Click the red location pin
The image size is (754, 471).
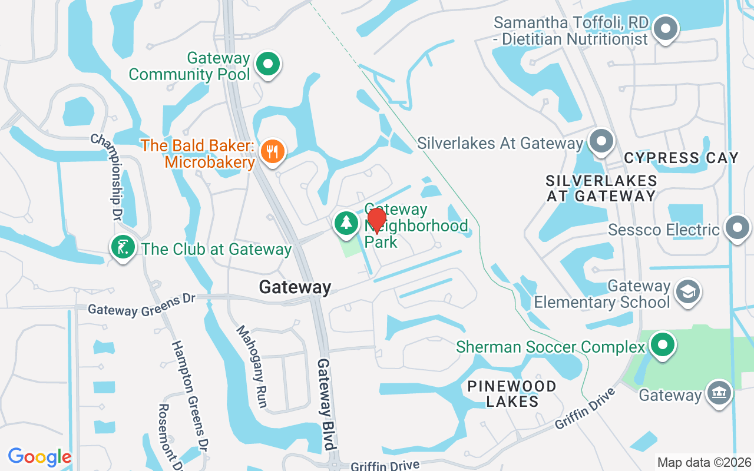(376, 221)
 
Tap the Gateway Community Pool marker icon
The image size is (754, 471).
(269, 64)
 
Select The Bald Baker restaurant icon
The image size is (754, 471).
(272, 151)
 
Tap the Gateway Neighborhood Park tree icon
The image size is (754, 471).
(346, 223)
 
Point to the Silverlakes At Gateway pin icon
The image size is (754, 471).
(601, 141)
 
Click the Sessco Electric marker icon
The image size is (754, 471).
(737, 228)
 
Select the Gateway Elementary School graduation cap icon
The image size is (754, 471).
(687, 292)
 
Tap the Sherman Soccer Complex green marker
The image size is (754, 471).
(663, 345)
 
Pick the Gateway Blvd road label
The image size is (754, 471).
(326, 404)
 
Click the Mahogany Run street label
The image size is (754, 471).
(253, 366)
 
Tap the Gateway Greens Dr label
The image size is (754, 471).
(141, 305)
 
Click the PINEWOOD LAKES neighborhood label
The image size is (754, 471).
(512, 394)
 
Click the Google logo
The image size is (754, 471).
(39, 457)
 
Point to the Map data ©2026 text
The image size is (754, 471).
(705, 462)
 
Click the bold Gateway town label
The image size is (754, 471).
(295, 287)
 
